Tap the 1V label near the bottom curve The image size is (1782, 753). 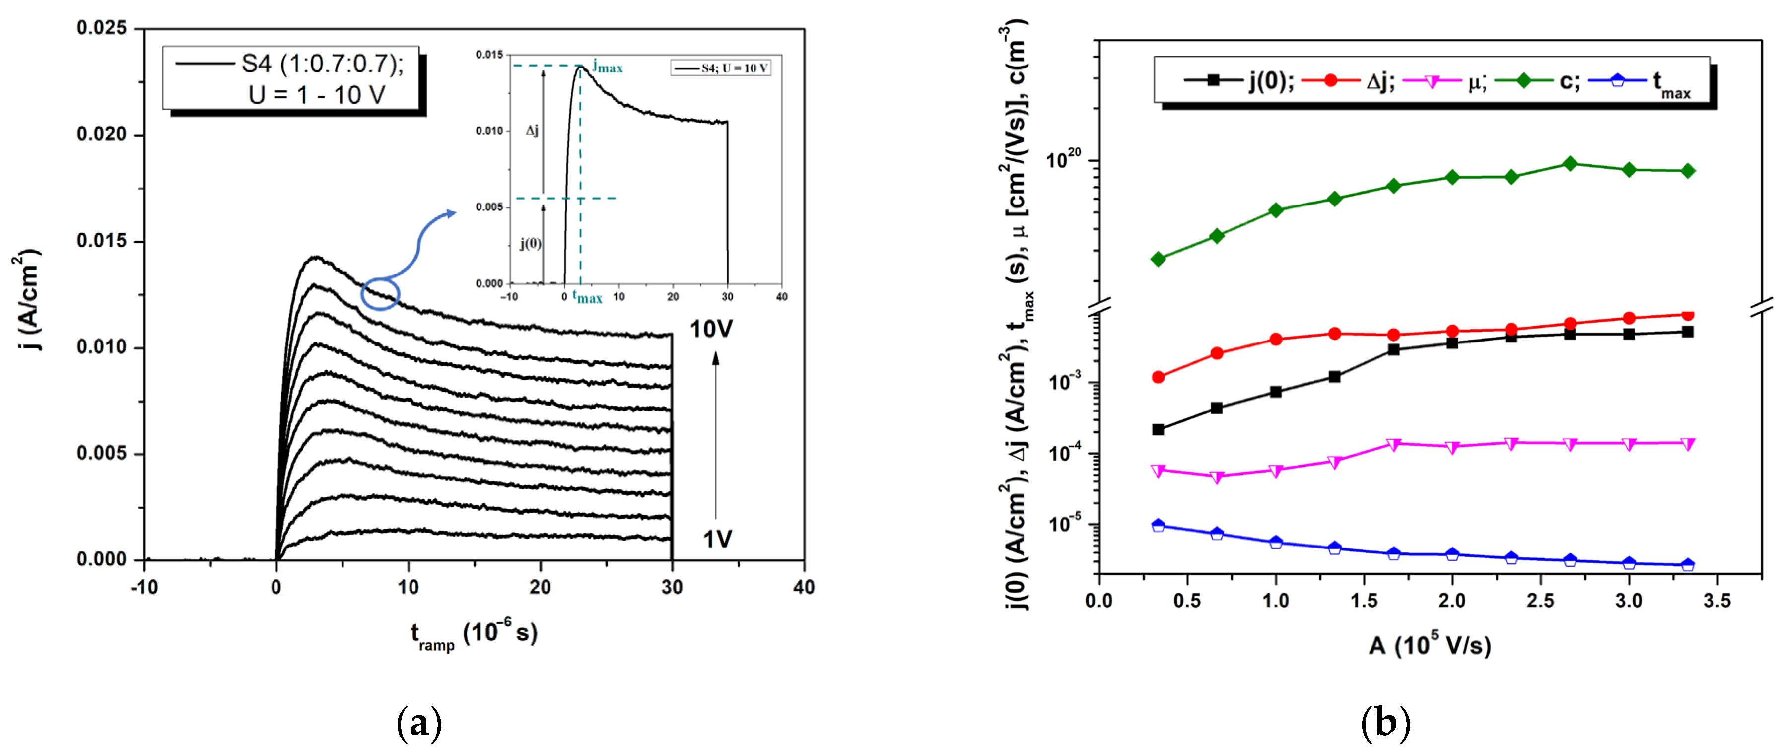717,539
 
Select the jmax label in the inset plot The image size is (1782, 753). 608,67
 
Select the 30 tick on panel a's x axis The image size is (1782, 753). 672,588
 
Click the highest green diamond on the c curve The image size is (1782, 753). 1570,164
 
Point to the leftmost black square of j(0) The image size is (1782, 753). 1158,429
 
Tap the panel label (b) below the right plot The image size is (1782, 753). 1385,723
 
